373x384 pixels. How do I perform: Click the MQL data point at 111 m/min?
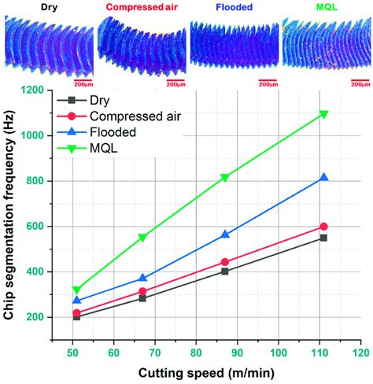tap(323, 114)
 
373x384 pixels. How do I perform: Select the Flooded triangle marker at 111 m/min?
tap(323, 178)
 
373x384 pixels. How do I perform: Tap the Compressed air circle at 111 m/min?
tap(323, 227)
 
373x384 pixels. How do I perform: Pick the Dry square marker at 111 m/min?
tap(323, 238)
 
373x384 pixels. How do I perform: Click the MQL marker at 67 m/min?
tap(142, 237)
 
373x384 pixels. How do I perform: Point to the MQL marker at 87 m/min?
tap(225, 177)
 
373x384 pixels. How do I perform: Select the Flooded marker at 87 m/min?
tap(225, 234)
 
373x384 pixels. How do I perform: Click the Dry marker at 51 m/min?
tap(76, 316)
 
